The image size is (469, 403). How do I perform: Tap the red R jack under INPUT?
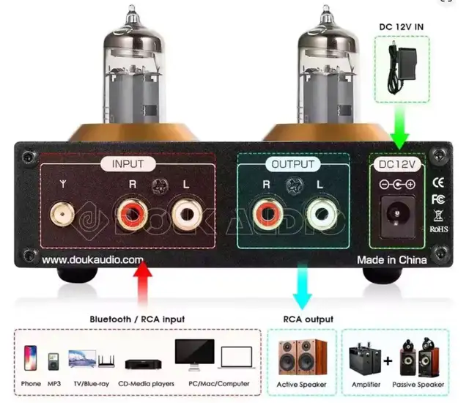pyautogui.click(x=132, y=215)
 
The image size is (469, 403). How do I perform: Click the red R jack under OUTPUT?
pyautogui.click(x=266, y=214)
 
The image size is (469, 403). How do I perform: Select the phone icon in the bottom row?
pyautogui.click(x=31, y=359)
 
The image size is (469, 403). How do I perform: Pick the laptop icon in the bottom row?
pyautogui.click(x=235, y=358)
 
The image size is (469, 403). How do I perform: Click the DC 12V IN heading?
pyautogui.click(x=402, y=27)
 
